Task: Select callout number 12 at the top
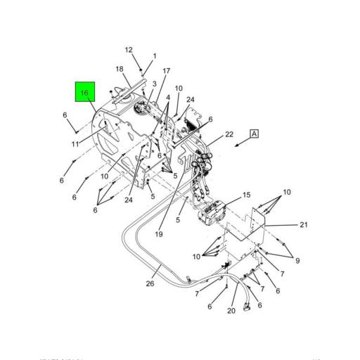pos(129,50)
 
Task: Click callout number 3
pos(154,84)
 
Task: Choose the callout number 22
pos(229,134)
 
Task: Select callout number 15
pos(246,195)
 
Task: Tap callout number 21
pos(304,225)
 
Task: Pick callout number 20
pos(231,311)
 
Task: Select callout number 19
pos(160,234)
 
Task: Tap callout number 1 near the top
pos(155,56)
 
